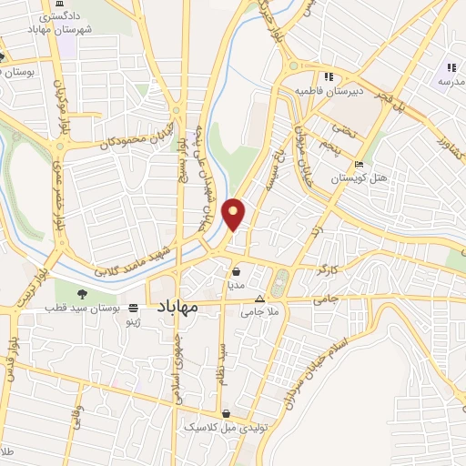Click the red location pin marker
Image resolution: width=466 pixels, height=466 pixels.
(x=234, y=212)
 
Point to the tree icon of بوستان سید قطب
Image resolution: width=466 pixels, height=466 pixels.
(x=84, y=293)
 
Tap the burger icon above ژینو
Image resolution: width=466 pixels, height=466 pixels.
(x=135, y=308)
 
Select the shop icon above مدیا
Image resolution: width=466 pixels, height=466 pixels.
(x=236, y=270)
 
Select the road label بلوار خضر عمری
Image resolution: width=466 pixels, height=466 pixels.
(x=57, y=198)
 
